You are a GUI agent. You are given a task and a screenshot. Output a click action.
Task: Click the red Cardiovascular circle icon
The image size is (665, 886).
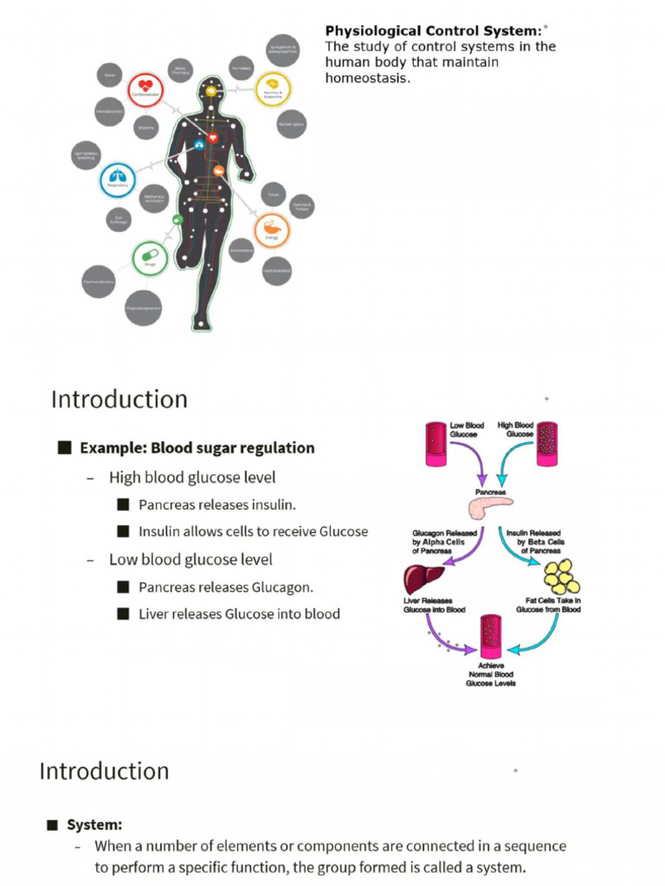pos(145,88)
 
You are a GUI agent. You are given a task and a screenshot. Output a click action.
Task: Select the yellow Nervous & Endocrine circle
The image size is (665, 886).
pos(273,88)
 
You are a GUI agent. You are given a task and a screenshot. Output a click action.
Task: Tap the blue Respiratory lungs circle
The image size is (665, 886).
pos(118,179)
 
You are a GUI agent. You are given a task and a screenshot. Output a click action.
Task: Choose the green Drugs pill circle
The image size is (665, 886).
pos(150,259)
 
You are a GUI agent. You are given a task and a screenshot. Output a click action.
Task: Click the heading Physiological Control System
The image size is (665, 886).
pos(433,31)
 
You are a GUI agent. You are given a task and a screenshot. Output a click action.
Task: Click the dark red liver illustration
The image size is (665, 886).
pos(424,577)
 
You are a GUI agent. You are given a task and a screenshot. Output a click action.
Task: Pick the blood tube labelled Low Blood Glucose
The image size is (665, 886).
pos(436,444)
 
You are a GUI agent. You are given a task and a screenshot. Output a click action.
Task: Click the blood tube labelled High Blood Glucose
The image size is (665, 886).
pos(547,444)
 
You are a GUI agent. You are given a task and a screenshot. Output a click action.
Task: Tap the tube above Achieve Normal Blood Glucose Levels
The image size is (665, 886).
pos(491,637)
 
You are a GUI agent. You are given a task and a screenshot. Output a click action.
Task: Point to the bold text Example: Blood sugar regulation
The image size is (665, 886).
pos(197,448)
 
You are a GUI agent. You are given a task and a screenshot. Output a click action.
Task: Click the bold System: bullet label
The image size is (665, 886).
pos(94,825)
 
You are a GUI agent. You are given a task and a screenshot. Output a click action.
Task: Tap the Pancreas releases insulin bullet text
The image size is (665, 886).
pos(216,504)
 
